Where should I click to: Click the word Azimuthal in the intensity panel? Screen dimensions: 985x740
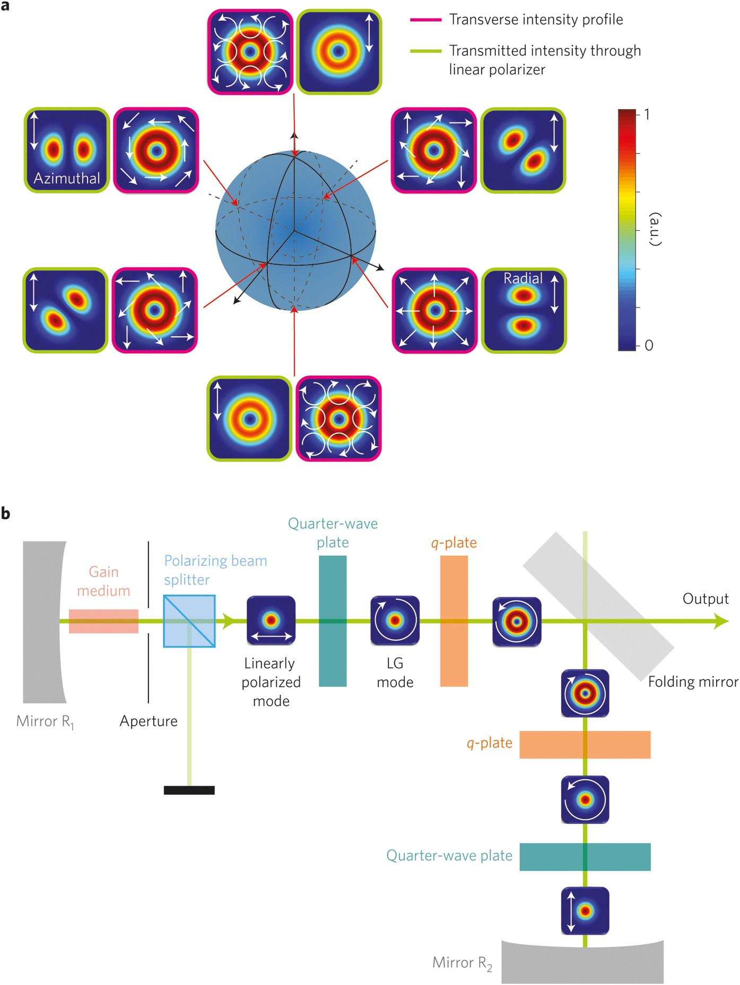pos(67,178)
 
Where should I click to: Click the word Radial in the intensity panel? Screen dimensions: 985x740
pos(523,278)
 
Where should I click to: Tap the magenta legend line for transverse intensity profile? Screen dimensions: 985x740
pos(425,20)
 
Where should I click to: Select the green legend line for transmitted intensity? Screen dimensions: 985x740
pos(425,51)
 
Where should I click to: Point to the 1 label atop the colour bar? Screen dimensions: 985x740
pos(647,114)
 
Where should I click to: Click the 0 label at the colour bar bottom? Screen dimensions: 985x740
pos(649,345)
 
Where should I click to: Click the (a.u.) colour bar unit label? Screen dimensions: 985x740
pos(656,229)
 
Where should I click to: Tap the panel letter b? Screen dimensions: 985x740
pos(6,513)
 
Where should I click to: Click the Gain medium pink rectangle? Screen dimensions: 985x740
pos(104,621)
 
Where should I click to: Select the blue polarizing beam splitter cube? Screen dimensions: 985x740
pos(189,621)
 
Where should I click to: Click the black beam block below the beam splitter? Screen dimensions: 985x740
pos(189,790)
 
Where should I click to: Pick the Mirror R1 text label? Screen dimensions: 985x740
pos(45,721)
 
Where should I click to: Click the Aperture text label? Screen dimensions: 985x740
pos(149,721)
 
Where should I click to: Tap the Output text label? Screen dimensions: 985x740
pos(705,599)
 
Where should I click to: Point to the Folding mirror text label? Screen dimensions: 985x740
pos(693,682)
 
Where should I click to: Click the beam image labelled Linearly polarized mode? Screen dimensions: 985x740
pos(271,620)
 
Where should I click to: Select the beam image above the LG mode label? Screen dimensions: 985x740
pos(395,620)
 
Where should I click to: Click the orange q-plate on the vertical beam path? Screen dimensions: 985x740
pos(585,744)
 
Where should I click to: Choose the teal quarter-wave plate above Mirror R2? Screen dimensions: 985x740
pos(585,857)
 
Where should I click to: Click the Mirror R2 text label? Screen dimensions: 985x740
pos(462,963)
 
